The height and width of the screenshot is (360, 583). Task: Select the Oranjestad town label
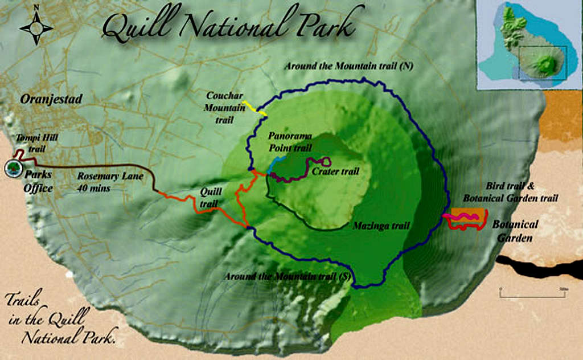pyautogui.click(x=52, y=99)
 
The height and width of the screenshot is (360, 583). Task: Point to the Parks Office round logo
pyautogui.click(x=13, y=169)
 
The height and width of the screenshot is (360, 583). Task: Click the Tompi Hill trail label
pyautogui.click(x=37, y=141)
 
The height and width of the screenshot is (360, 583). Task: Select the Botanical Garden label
pyautogui.click(x=515, y=231)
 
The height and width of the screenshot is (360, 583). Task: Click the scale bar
pyautogui.click(x=532, y=294)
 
